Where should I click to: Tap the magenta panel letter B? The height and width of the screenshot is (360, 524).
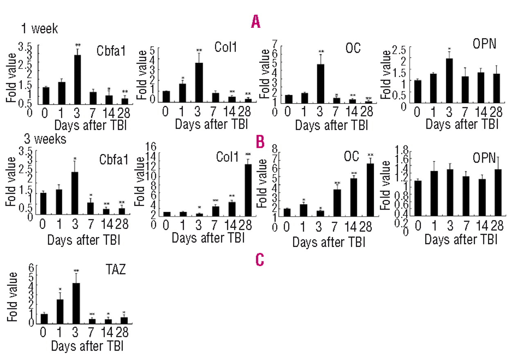tap(259, 142)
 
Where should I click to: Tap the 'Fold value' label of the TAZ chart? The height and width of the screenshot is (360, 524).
tap(12, 297)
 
